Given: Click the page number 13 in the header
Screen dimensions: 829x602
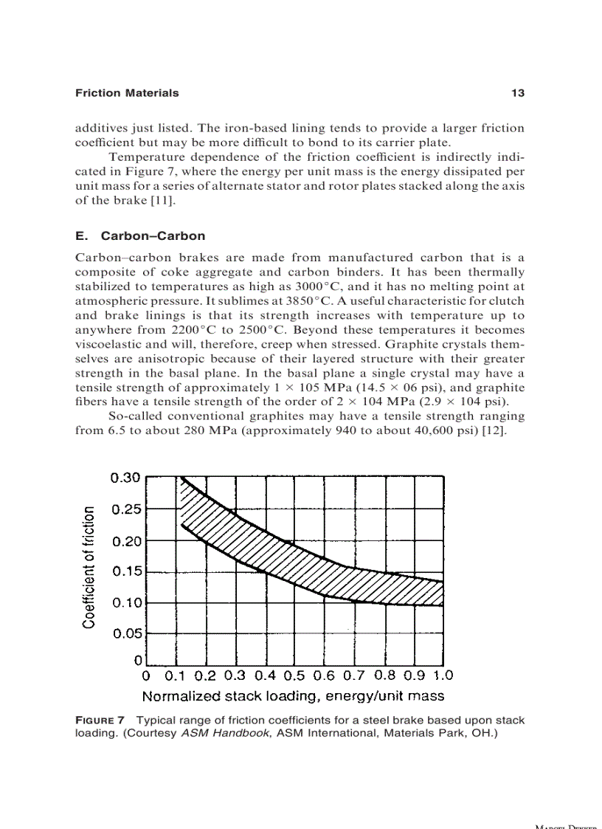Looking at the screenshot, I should click(x=517, y=93).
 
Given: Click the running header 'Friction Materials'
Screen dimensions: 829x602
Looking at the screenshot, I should click(x=127, y=93).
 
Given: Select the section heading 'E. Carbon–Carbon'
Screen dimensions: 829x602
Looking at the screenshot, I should click(x=140, y=236).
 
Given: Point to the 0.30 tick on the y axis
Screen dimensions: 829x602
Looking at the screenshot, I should click(x=125, y=478).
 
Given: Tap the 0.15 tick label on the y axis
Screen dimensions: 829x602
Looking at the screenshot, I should click(x=125, y=571).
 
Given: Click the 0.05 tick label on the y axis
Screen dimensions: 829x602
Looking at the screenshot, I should click(x=125, y=633).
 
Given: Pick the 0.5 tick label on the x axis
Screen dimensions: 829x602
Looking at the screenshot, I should click(x=294, y=675).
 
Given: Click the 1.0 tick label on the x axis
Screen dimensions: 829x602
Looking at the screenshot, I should click(x=443, y=675).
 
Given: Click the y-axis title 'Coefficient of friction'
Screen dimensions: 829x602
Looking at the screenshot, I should click(x=89, y=568).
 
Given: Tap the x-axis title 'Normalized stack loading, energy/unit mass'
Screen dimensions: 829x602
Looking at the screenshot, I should click(x=293, y=696).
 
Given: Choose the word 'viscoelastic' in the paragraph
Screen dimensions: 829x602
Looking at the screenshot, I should click(x=109, y=344).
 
